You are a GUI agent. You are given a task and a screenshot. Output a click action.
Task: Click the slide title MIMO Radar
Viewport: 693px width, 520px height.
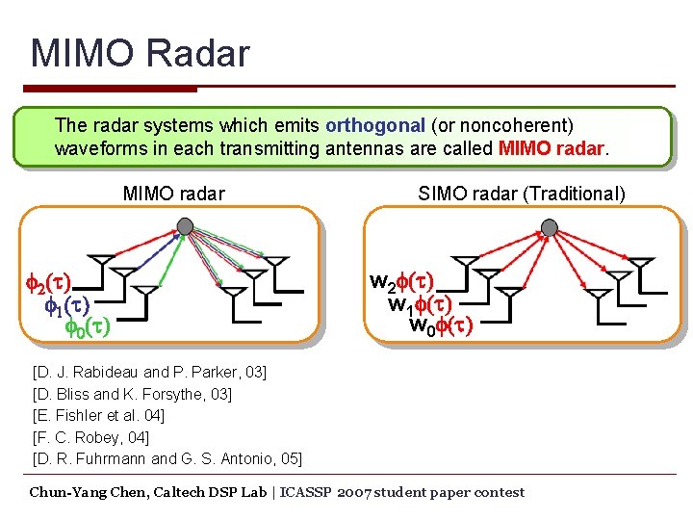coord(140,53)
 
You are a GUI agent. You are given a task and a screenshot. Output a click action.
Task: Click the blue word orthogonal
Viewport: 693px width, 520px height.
coord(374,126)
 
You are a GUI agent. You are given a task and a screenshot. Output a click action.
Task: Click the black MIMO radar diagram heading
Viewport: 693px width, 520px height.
coord(173,194)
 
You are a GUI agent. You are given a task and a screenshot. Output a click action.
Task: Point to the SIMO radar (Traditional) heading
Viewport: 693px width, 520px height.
coord(521,194)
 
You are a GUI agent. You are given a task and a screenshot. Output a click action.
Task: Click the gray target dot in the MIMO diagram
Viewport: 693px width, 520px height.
coord(185,226)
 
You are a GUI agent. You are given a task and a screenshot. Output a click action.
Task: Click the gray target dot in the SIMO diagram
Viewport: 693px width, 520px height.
coord(549,227)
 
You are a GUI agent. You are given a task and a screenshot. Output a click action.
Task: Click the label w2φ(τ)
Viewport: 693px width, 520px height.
coord(402,282)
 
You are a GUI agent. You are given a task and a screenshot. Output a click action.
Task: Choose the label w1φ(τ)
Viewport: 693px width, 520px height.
coord(419,304)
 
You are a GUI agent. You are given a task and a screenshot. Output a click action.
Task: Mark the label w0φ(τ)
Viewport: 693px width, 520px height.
coord(440,325)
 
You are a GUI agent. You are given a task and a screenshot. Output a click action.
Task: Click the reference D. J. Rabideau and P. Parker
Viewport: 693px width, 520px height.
coord(149,372)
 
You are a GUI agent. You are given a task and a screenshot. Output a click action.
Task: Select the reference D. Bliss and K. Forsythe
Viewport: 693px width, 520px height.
coord(132,394)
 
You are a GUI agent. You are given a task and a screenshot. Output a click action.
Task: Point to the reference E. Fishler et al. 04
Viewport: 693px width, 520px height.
coord(98,415)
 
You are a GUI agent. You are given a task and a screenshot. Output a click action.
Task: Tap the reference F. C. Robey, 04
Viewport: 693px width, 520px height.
coord(92,437)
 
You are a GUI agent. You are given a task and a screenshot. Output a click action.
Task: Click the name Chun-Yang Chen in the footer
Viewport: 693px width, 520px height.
coord(85,492)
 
